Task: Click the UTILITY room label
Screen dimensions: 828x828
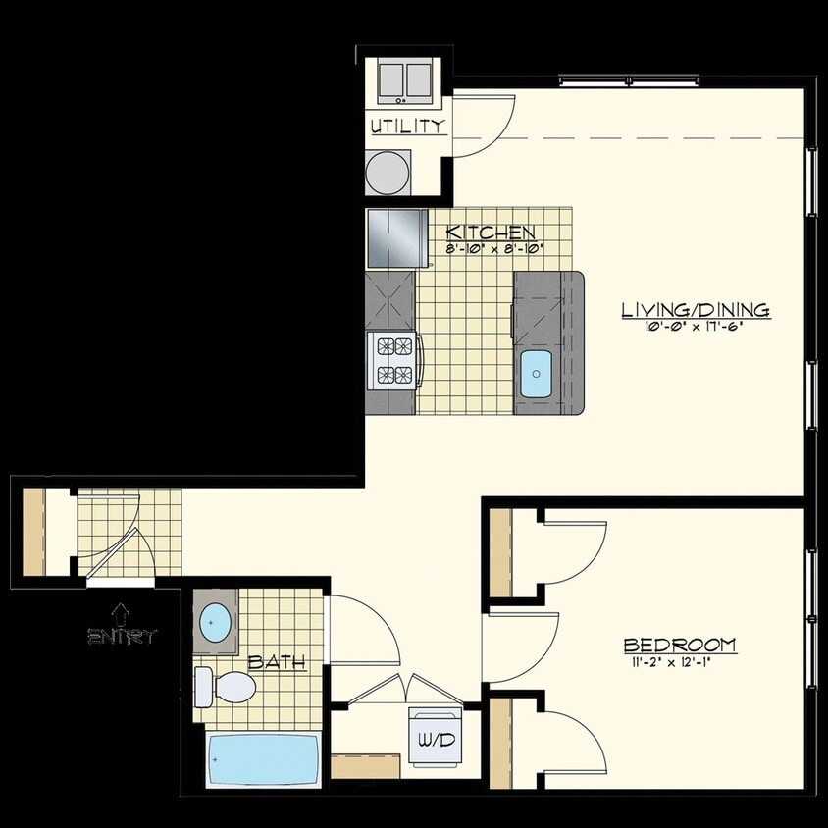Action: tap(408, 126)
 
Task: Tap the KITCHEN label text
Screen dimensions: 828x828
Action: tap(491, 233)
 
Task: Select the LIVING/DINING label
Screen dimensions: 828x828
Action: tap(695, 310)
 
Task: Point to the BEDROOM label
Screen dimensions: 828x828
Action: tap(680, 645)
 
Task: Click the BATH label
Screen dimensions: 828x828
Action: tap(276, 662)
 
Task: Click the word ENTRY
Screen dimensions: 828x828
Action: tap(122, 637)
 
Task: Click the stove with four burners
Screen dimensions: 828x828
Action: tap(393, 360)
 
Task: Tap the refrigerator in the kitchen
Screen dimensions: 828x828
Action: tap(395, 237)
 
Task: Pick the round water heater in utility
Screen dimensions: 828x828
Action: tap(388, 173)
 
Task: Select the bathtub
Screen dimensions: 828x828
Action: tap(263, 758)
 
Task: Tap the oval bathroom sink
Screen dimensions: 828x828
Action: tap(215, 621)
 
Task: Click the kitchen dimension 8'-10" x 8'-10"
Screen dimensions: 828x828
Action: tap(494, 248)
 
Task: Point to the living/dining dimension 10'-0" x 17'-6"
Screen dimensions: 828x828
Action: tap(695, 327)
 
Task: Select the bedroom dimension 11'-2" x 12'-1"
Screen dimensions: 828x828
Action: tap(680, 661)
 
